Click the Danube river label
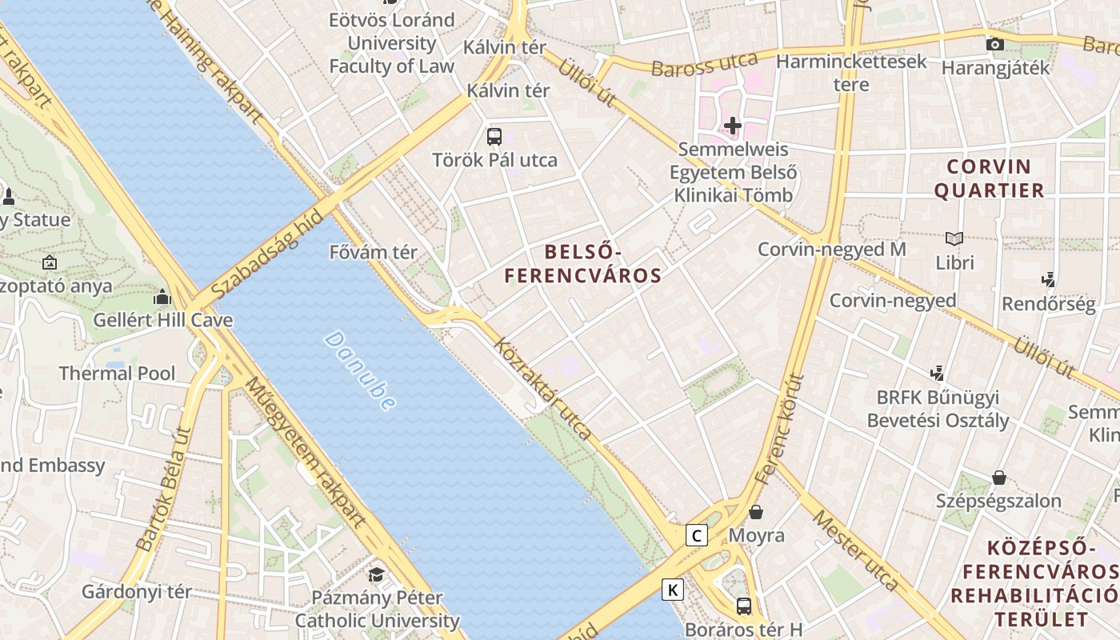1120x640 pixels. (x=360, y=370)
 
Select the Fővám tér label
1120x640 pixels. (x=374, y=252)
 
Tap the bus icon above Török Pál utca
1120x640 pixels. (x=494, y=136)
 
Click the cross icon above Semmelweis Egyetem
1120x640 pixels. (x=733, y=126)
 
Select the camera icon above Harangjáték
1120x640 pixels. (x=995, y=44)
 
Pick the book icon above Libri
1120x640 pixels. (x=954, y=238)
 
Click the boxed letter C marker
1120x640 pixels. (x=697, y=535)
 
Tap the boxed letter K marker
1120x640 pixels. (x=673, y=590)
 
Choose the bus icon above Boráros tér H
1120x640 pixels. (x=744, y=606)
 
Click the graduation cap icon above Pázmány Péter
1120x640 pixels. (x=376, y=574)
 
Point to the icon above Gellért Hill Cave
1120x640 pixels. (x=162, y=298)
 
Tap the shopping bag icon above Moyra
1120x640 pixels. (x=756, y=512)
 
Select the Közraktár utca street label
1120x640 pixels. (x=544, y=390)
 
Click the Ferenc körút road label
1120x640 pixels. (x=780, y=430)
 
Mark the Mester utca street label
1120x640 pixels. (x=855, y=550)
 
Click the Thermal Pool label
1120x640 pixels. (x=117, y=374)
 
